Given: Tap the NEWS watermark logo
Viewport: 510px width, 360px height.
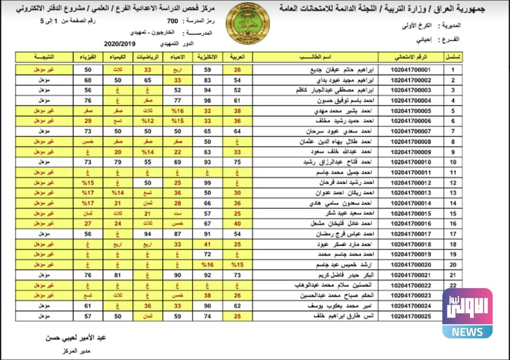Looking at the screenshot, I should pyautogui.click(x=467, y=313).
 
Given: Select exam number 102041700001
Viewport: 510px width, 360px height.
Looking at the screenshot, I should pyautogui.click(x=411, y=70).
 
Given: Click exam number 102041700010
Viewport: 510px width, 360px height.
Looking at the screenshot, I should pyautogui.click(x=411, y=162).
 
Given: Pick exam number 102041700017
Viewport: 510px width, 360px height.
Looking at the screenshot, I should pyautogui.click(x=411, y=234).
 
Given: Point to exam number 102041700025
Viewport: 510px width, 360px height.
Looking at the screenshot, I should pyautogui.click(x=411, y=316).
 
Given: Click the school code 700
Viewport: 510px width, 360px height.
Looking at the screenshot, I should pyautogui.click(x=171, y=21).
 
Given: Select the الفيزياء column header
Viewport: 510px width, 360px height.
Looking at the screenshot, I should pyautogui.click(x=88, y=57).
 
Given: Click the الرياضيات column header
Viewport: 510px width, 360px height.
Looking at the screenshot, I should pyautogui.click(x=147, y=57).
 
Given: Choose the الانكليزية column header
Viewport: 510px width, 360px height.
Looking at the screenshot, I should pyautogui.click(x=207, y=57).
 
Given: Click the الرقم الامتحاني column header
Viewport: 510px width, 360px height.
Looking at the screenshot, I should pyautogui.click(x=411, y=57).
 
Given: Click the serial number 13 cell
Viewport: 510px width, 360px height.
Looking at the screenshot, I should pyautogui.click(x=453, y=193).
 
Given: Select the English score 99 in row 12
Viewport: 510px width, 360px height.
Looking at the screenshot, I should pyautogui.click(x=207, y=183).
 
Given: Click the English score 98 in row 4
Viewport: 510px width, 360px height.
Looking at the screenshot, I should pyautogui.click(x=207, y=101).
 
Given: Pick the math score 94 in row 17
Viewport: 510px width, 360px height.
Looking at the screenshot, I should pyautogui.click(x=147, y=234).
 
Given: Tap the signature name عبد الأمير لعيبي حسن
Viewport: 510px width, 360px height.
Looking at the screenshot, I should pyautogui.click(x=75, y=338).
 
